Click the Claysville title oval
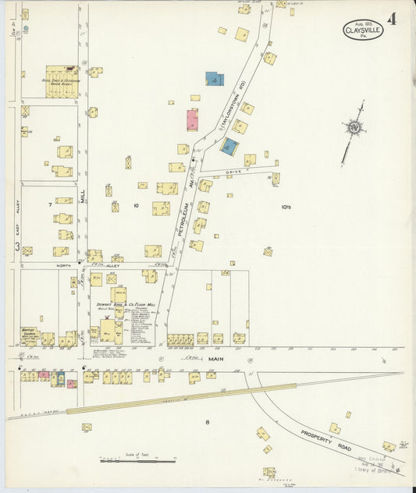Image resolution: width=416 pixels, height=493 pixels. coord(362,30)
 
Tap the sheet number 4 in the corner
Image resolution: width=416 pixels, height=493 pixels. coord(391,20)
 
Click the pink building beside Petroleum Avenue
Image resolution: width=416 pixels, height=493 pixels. coord(192,120)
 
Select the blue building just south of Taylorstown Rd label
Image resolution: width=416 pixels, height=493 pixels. coord(229,146)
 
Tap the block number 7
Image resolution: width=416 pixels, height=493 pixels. coord(51,204)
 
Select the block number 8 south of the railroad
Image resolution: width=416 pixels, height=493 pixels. coord(208,422)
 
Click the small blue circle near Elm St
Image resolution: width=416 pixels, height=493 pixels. coord(26,29)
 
